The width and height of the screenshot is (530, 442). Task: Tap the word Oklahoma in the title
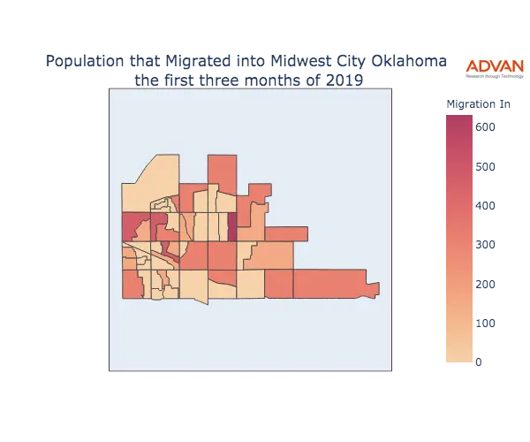(273, 62)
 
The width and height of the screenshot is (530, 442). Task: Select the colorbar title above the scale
(478, 105)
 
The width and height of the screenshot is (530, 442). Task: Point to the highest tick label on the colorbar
(484, 128)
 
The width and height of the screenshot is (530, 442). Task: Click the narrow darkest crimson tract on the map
(232, 226)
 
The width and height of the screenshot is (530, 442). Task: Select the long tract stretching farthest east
(329, 282)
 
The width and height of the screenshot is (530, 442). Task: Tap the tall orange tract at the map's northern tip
(223, 171)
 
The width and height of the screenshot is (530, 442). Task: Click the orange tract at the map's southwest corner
(131, 286)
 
